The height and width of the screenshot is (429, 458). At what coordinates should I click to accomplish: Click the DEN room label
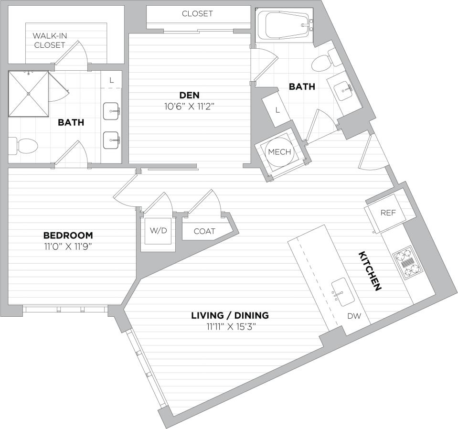pos(190,95)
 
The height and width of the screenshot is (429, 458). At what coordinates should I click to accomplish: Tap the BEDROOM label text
pos(68,236)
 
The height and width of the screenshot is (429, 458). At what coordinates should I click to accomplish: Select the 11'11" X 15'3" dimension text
pos(230,327)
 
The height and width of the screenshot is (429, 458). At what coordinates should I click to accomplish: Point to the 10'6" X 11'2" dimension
pos(190,106)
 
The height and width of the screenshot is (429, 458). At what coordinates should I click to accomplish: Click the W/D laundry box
pos(159,231)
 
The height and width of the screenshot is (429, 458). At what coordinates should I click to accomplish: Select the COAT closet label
pos(204,232)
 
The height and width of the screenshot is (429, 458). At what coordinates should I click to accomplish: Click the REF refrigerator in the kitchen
pos(388,213)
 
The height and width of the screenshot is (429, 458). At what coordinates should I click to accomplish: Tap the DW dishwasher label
pos(353,316)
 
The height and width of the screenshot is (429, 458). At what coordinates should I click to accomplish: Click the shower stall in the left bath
pos(29,94)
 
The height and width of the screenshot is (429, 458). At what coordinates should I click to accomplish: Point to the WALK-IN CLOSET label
pos(49,40)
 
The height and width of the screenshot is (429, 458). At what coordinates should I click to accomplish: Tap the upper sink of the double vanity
pos(112,111)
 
